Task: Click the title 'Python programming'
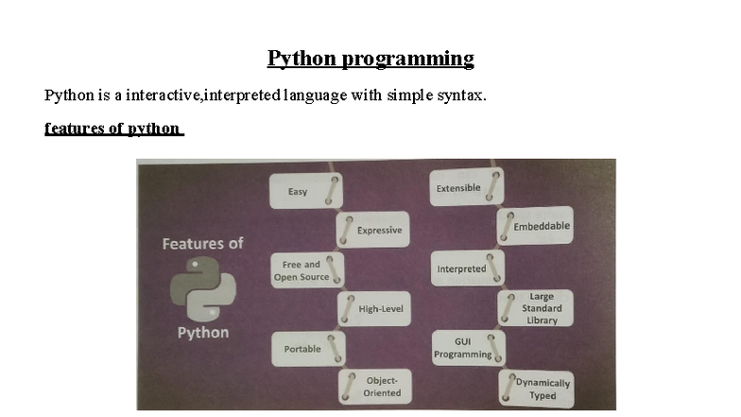point(370,59)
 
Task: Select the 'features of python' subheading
point(112,128)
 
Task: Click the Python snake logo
point(202,289)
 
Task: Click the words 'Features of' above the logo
point(202,243)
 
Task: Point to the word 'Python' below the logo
point(203,333)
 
